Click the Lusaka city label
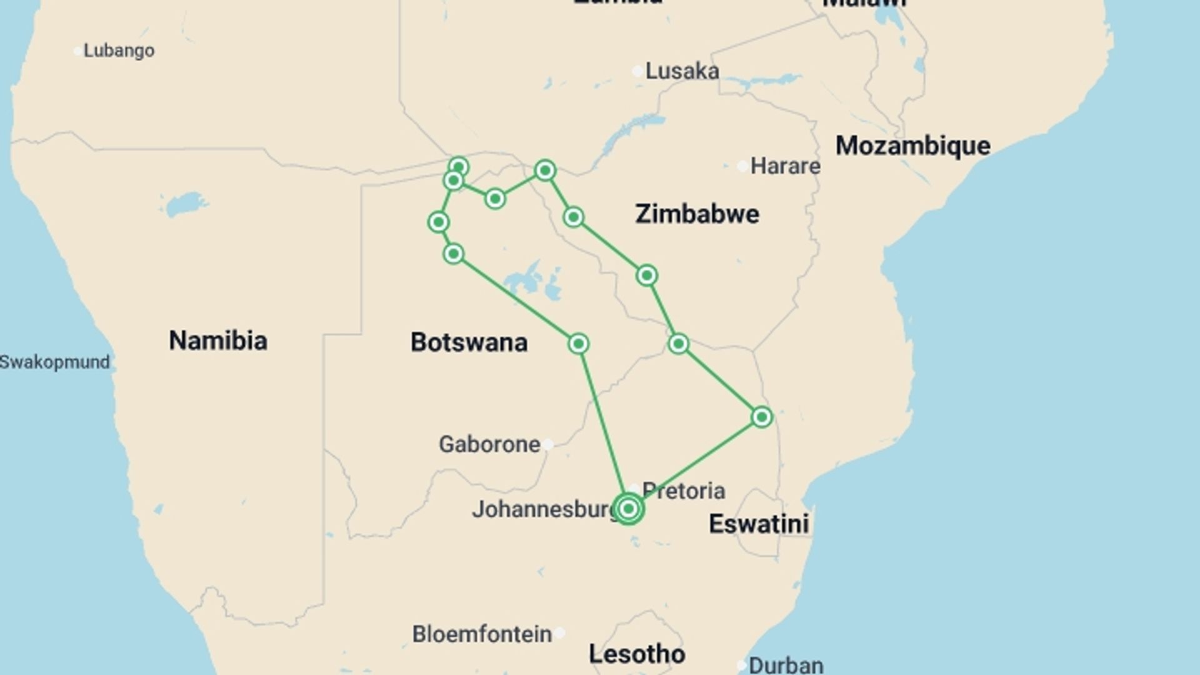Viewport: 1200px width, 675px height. pos(682,71)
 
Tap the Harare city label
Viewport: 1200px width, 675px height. pos(785,166)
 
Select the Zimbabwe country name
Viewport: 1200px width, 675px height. pos(697,214)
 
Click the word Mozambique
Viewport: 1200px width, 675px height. pos(913,146)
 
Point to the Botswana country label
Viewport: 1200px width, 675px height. pos(469,342)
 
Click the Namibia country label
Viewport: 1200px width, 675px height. pos(218,341)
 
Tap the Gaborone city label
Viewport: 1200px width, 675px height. pos(489,444)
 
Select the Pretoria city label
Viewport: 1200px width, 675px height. pos(684,491)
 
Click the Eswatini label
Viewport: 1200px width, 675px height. pos(759,524)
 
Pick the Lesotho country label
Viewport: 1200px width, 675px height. pos(637,654)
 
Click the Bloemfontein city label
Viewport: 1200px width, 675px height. pos(482,634)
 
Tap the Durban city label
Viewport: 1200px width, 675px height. pos(786,665)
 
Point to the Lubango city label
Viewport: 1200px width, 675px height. pos(119,51)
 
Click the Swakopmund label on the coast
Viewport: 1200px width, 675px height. pos(55,362)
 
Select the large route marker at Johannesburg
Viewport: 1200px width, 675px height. pos(629,509)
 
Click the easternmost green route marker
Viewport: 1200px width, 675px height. pos(761,417)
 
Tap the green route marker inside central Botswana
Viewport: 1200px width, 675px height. pos(578,344)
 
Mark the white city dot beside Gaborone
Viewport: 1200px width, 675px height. pos(547,444)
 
